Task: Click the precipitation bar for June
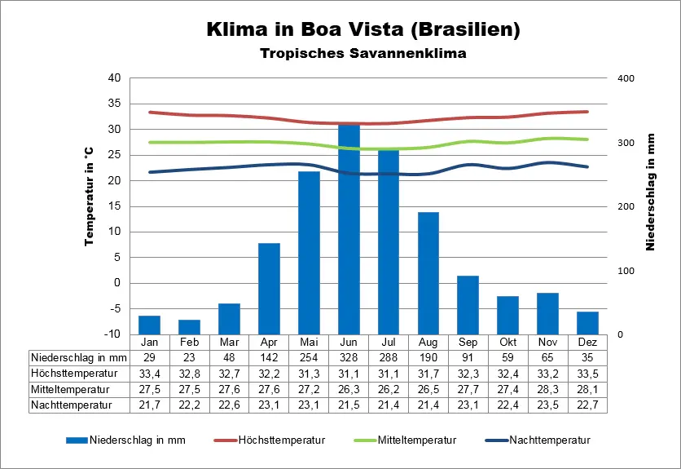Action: point(349,228)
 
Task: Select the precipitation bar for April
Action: point(269,289)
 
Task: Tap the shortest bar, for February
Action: point(189,327)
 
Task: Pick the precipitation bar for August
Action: point(428,273)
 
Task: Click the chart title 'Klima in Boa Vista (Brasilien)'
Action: point(362,30)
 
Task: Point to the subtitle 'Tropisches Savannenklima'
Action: point(362,54)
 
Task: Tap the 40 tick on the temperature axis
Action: point(114,78)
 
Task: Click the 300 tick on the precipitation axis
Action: point(624,143)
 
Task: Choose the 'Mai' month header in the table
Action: point(309,342)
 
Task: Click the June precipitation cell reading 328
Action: point(349,357)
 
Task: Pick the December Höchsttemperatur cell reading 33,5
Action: point(588,373)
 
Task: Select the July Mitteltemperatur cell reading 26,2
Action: point(389,388)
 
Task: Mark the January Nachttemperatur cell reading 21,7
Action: point(149,404)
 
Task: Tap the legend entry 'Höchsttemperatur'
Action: point(281,440)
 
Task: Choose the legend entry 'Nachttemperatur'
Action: point(549,440)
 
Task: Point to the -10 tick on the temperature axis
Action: point(113,334)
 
